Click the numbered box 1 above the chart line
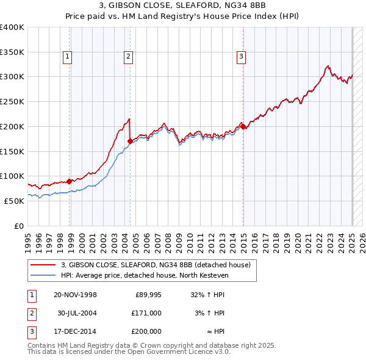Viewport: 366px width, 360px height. click(67, 57)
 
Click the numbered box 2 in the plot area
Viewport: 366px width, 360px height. click(129, 57)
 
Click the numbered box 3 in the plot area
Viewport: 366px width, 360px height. click(241, 57)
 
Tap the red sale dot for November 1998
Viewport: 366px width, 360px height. click(70, 181)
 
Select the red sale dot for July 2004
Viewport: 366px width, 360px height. click(130, 141)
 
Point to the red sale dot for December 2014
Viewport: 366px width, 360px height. click(243, 126)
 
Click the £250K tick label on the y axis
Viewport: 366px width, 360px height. click(12, 101)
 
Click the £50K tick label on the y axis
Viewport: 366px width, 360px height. click(15, 201)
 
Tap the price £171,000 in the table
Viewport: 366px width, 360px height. click(146, 313)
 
